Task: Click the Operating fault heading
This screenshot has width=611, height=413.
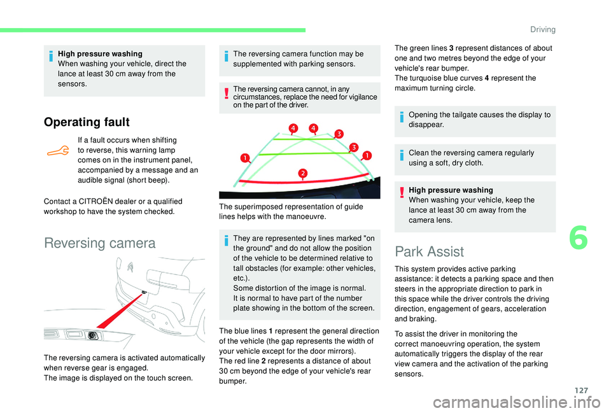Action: point(87,122)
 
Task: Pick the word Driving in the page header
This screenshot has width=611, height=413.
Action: point(542,29)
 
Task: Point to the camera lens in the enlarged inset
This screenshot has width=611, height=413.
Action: point(92,335)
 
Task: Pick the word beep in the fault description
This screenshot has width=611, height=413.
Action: point(157,180)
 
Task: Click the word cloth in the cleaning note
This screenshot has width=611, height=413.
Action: point(483,163)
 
